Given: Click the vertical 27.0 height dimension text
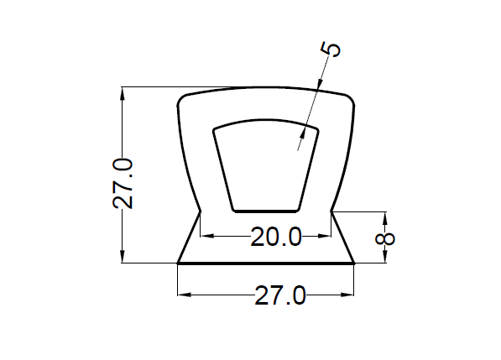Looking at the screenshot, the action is tap(123, 183).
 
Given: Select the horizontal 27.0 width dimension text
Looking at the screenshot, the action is tap(280, 295).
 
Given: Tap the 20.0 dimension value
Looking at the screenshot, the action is tap(276, 237).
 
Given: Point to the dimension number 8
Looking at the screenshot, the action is tap(384, 239).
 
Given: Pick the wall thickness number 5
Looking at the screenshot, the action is tap(331, 50).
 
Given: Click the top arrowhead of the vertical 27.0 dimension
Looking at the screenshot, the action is tap(122, 93).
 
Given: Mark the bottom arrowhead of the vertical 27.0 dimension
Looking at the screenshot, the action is tap(122, 257).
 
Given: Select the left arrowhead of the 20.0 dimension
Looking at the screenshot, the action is tap(206, 236).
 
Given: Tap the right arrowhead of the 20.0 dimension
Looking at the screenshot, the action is tap(324, 236).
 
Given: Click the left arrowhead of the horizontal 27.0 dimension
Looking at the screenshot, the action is tap(185, 295).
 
